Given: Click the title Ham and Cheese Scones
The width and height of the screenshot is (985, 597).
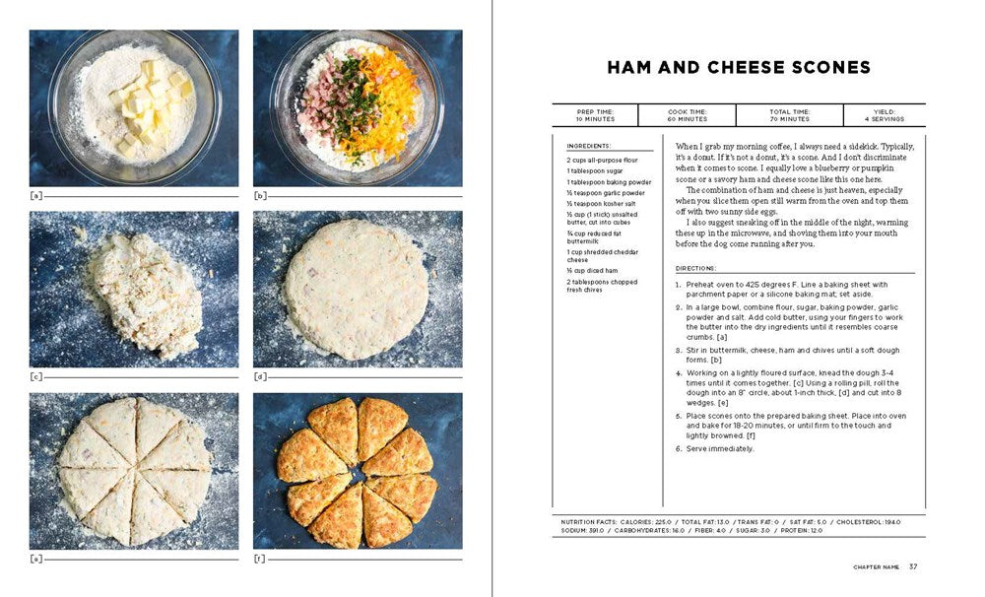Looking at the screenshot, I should tap(738, 68).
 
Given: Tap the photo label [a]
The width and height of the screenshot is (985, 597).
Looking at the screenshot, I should tap(36, 195).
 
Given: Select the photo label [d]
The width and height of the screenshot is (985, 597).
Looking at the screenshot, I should tap(260, 376).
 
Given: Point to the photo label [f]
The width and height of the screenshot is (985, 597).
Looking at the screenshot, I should tap(260, 558).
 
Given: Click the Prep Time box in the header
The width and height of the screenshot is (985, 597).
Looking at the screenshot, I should tap(595, 115).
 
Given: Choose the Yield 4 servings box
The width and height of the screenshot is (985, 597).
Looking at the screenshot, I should tap(884, 115).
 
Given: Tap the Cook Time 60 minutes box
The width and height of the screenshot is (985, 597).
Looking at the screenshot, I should tap(687, 115).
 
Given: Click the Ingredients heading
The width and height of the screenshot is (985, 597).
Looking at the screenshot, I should tap(588, 146).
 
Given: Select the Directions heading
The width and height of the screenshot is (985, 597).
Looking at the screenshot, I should tap(696, 268).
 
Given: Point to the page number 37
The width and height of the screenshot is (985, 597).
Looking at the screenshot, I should tap(913, 566).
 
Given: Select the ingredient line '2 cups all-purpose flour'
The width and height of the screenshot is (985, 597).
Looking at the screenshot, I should tap(602, 160).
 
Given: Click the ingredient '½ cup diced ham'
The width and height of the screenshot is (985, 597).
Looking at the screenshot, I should tap(591, 271).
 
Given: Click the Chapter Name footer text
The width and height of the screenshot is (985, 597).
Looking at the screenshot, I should tap(875, 566).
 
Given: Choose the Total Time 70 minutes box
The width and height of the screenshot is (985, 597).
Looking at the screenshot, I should tap(789, 115).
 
